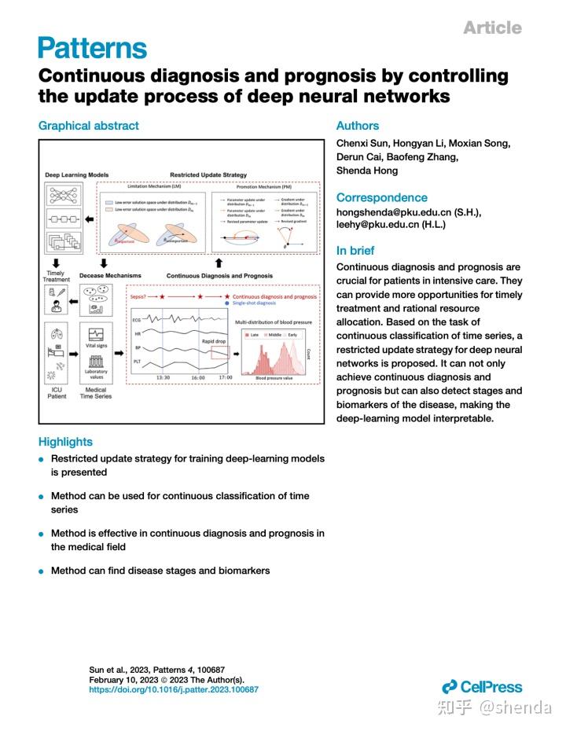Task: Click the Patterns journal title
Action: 92,48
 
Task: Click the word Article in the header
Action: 491,28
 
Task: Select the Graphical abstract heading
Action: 88,126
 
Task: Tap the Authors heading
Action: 357,126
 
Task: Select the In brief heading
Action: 355,251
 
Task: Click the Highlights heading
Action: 65,442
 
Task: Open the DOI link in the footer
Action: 174,689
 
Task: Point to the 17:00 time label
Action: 225,377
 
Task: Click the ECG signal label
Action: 136,321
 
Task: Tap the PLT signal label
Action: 136,362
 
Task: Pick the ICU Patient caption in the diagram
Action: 56,392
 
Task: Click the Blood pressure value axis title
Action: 275,378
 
